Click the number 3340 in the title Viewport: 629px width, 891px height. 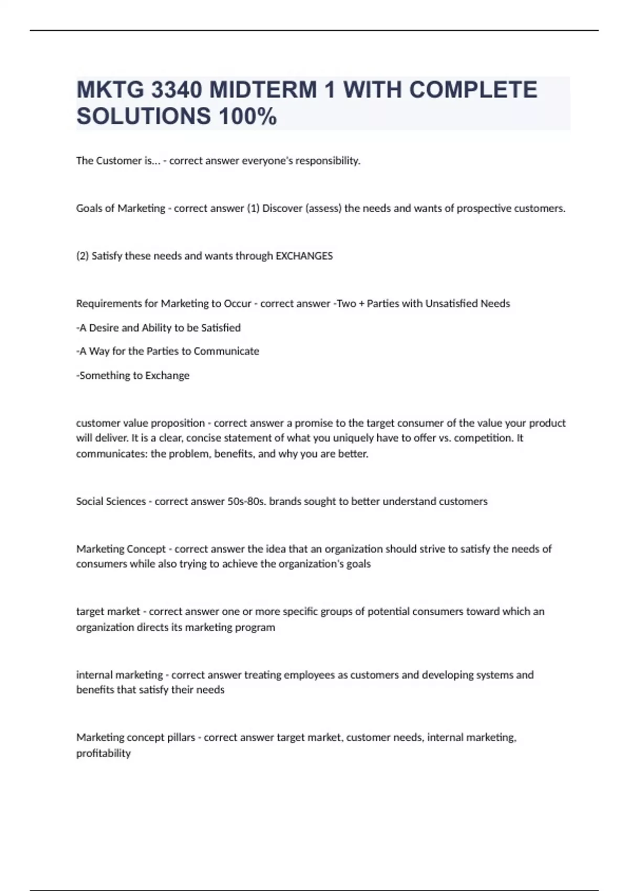pyautogui.click(x=176, y=90)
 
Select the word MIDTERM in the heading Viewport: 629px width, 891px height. pyautogui.click(x=263, y=90)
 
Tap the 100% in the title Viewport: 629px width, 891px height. pyautogui.click(x=248, y=116)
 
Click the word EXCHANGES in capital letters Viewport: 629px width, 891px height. pyautogui.click(x=304, y=256)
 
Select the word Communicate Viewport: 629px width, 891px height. pyautogui.click(x=226, y=351)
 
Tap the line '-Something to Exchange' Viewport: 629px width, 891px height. pyautogui.click(x=133, y=375)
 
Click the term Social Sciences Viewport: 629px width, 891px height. pyautogui.click(x=111, y=501)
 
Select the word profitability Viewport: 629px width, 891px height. pyautogui.click(x=103, y=753)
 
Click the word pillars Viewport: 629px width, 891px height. pyautogui.click(x=181, y=737)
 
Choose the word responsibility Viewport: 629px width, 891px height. pyautogui.click(x=328, y=161)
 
